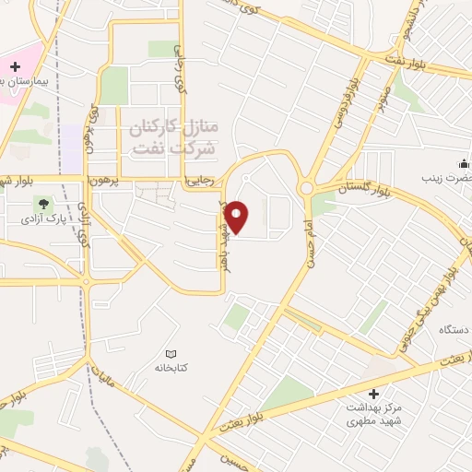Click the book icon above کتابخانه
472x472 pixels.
(x=170, y=354)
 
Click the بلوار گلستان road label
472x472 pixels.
(x=362, y=188)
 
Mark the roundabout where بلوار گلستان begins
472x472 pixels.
(x=305, y=188)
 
